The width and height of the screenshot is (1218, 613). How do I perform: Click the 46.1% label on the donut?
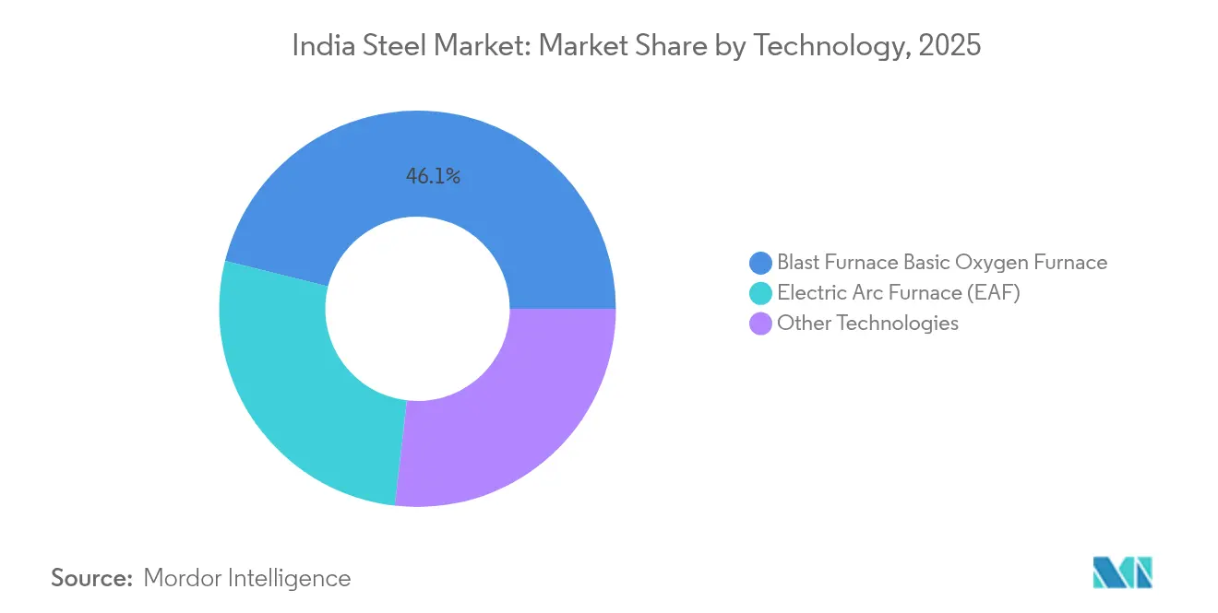coord(433,176)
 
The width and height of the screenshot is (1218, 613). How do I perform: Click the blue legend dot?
coord(761,263)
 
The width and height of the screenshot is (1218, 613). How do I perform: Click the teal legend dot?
coord(761,293)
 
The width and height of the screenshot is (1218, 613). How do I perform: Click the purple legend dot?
coord(761,324)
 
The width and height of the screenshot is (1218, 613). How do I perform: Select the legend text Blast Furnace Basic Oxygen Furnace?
coord(941,263)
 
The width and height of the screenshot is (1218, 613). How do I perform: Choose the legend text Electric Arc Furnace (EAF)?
coord(899,293)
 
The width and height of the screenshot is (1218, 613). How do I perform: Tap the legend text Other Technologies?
coord(867,324)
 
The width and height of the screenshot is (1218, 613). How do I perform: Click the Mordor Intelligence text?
coord(247,578)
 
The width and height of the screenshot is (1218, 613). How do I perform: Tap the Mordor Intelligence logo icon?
coord(1122,572)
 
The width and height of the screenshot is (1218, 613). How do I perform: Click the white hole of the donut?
coord(417,309)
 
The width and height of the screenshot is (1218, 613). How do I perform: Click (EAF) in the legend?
coord(993,293)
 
